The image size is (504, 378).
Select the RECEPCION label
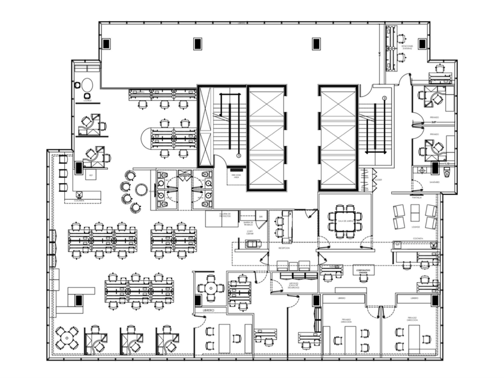(284, 248)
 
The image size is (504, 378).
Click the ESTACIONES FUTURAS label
(408, 46)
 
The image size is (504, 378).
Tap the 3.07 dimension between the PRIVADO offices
(433, 123)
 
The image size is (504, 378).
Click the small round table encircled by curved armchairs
(141, 190)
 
